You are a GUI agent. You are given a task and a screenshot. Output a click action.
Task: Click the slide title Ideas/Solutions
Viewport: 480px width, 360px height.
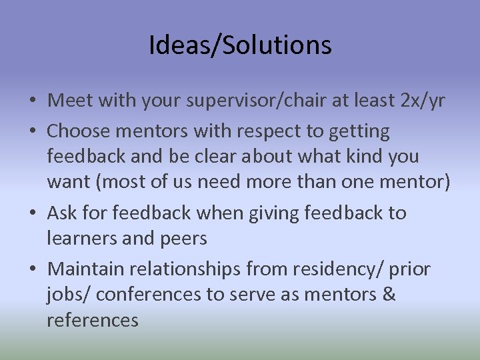240,45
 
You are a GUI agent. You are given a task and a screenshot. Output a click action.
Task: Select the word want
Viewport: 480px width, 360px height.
67,182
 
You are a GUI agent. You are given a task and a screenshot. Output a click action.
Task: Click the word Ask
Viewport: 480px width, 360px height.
62,213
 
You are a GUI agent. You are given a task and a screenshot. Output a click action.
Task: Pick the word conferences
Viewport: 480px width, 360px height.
153,295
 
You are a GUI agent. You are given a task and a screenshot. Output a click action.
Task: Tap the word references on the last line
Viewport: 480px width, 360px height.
92,320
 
